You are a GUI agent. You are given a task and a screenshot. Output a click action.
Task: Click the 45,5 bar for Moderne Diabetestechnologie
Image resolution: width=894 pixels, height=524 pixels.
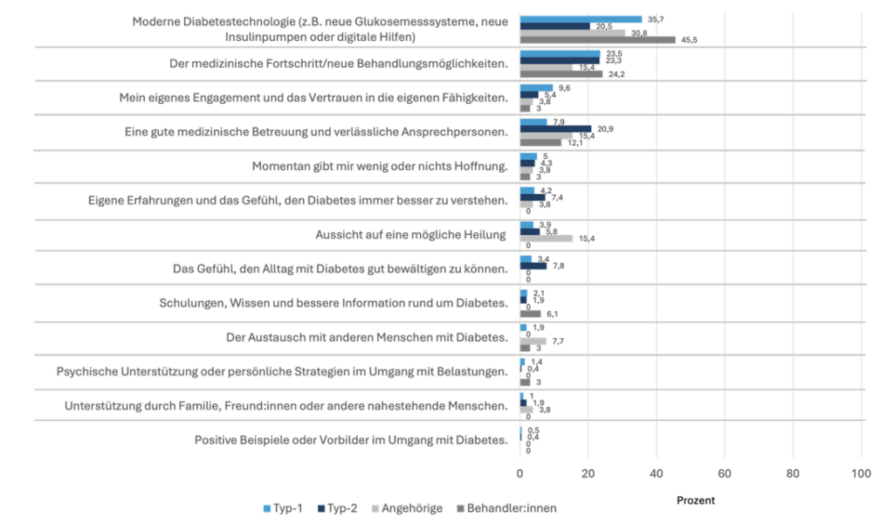tap(597, 39)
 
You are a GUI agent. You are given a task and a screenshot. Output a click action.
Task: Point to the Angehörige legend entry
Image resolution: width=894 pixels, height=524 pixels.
tap(409, 507)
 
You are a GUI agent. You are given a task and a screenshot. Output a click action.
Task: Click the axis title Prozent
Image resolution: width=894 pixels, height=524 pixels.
tap(696, 500)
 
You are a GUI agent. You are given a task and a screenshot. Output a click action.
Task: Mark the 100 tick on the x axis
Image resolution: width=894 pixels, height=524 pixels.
tap(862, 473)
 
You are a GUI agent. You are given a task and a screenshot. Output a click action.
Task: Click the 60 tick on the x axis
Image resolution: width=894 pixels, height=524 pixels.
tap(725, 473)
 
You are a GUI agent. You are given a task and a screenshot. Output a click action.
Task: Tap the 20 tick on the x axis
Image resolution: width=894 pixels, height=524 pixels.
tap(588, 473)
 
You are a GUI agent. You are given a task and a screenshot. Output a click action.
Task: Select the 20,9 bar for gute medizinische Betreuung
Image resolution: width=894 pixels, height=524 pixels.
tap(555, 129)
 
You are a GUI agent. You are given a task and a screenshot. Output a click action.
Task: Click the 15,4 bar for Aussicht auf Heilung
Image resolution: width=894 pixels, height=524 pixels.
tap(546, 238)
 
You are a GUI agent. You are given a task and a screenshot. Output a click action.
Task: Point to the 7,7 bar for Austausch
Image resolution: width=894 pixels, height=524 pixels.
tap(533, 341)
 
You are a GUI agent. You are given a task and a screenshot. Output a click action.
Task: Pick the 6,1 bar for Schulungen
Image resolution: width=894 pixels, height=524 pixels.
tap(530, 314)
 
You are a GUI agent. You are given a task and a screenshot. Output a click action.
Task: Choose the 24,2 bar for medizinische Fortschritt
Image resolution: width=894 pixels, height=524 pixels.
tap(561, 74)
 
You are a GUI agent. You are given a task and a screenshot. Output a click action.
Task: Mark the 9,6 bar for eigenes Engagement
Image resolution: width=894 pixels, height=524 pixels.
tap(536, 88)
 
